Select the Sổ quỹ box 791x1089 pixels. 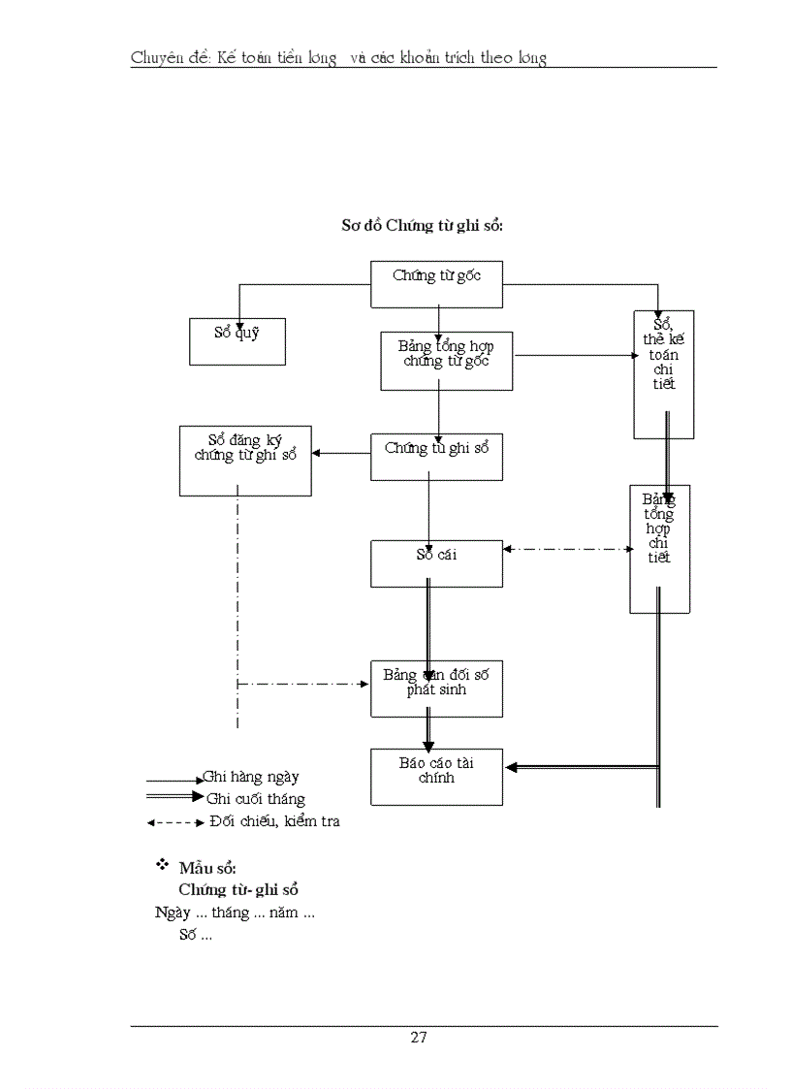[237, 341]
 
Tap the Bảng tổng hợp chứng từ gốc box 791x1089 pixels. [446, 361]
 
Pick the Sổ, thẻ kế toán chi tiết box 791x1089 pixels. [664, 374]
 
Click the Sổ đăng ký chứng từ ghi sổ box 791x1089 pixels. [245, 461]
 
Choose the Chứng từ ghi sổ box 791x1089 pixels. [436, 457]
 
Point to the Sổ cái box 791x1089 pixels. [436, 563]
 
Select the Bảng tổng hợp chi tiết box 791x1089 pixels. [659, 549]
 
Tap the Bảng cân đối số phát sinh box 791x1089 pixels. [436, 689]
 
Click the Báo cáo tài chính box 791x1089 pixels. [436, 777]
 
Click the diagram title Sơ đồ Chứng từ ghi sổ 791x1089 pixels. [423, 225]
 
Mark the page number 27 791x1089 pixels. [419, 1037]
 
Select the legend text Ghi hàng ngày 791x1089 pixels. [251, 777]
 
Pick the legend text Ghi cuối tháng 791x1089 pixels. [255, 799]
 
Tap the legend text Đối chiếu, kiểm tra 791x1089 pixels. [274, 821]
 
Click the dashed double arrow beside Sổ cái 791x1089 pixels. [567, 549]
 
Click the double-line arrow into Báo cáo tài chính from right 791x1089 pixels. [582, 767]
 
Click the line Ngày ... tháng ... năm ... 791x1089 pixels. [235, 913]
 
